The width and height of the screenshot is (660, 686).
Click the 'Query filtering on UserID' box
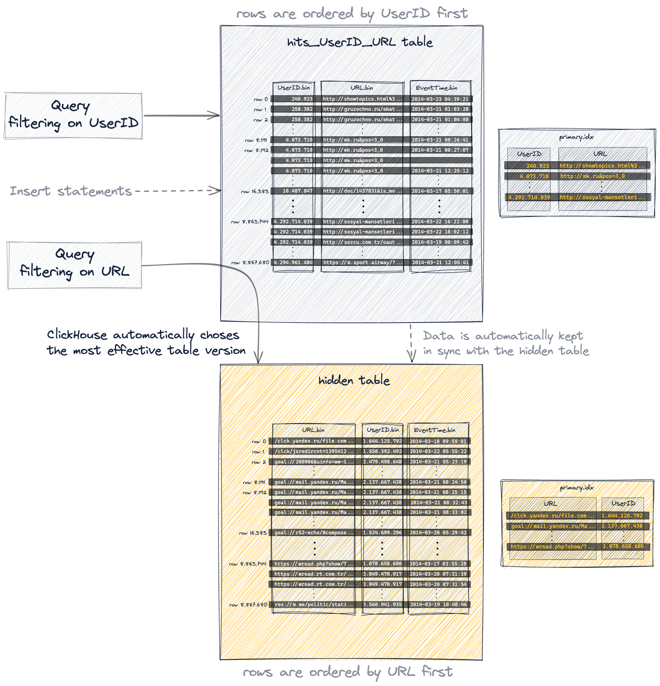click(73, 116)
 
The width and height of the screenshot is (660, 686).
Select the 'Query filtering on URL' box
click(74, 265)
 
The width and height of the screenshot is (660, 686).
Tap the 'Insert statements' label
click(71, 191)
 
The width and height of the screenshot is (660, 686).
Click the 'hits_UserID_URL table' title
click(360, 42)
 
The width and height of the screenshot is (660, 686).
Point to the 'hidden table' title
click(354, 381)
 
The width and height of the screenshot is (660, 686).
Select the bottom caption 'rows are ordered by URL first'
click(348, 672)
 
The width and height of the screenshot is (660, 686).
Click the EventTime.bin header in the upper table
click(437, 88)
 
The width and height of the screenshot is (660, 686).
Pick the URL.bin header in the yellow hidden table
click(313, 430)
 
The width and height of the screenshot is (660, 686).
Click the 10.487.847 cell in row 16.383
click(297, 191)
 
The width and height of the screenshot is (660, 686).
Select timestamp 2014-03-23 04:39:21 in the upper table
click(440, 99)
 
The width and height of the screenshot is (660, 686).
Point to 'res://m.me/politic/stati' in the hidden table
click(314, 604)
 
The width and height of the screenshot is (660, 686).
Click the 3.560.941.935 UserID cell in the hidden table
click(382, 604)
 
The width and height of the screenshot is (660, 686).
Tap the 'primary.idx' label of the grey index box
click(576, 137)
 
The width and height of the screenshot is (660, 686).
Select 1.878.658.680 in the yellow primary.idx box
click(623, 546)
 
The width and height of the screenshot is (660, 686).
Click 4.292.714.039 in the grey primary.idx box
click(529, 198)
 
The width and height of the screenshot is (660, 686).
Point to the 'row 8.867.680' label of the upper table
click(250, 263)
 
